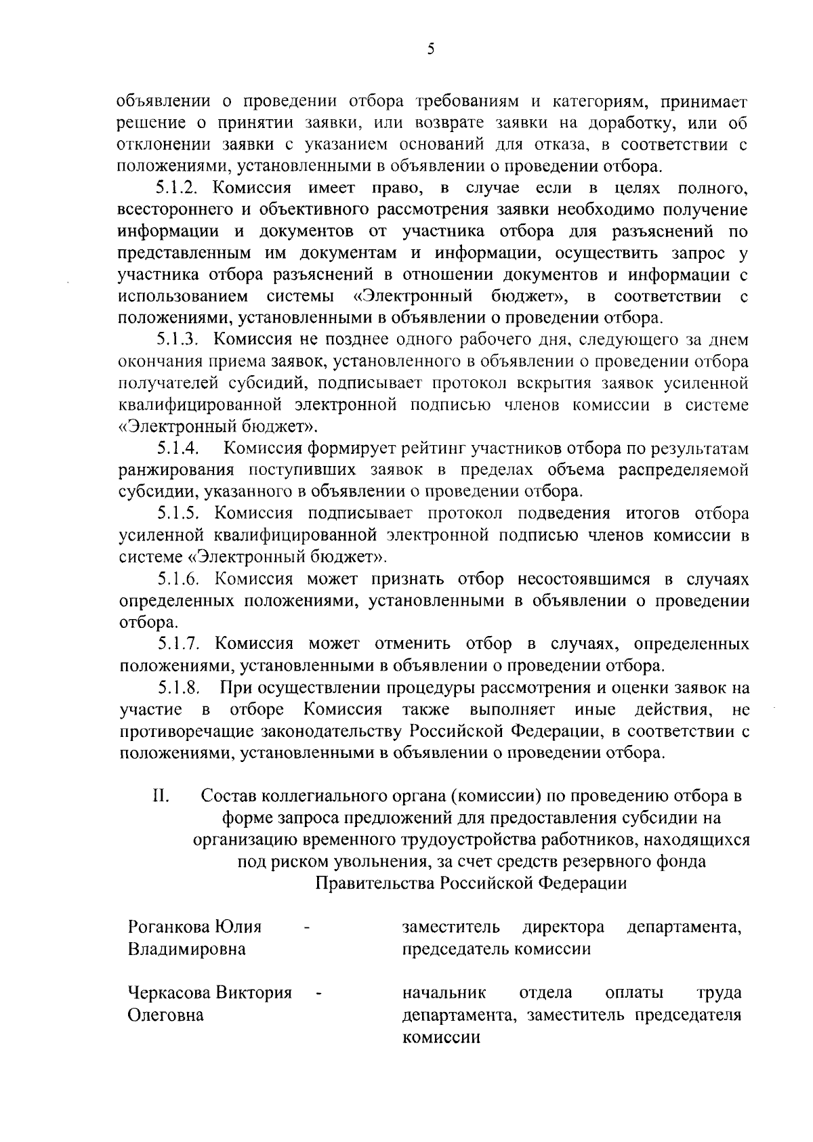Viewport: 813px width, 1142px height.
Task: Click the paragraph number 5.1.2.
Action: [178, 188]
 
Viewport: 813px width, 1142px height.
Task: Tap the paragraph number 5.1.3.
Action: [178, 340]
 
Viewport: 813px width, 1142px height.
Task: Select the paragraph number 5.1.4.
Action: [178, 448]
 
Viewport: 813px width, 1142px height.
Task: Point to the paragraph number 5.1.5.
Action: [178, 513]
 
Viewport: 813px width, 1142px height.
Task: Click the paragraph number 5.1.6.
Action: [178, 578]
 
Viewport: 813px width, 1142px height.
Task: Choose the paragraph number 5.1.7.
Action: [178, 643]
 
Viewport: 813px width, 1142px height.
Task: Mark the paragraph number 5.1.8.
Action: [178, 688]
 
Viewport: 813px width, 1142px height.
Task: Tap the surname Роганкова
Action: [169, 927]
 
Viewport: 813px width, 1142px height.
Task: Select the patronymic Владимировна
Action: [187, 949]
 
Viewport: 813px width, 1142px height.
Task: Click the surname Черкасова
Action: [169, 993]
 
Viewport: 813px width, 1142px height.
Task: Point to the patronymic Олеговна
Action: [166, 1015]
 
